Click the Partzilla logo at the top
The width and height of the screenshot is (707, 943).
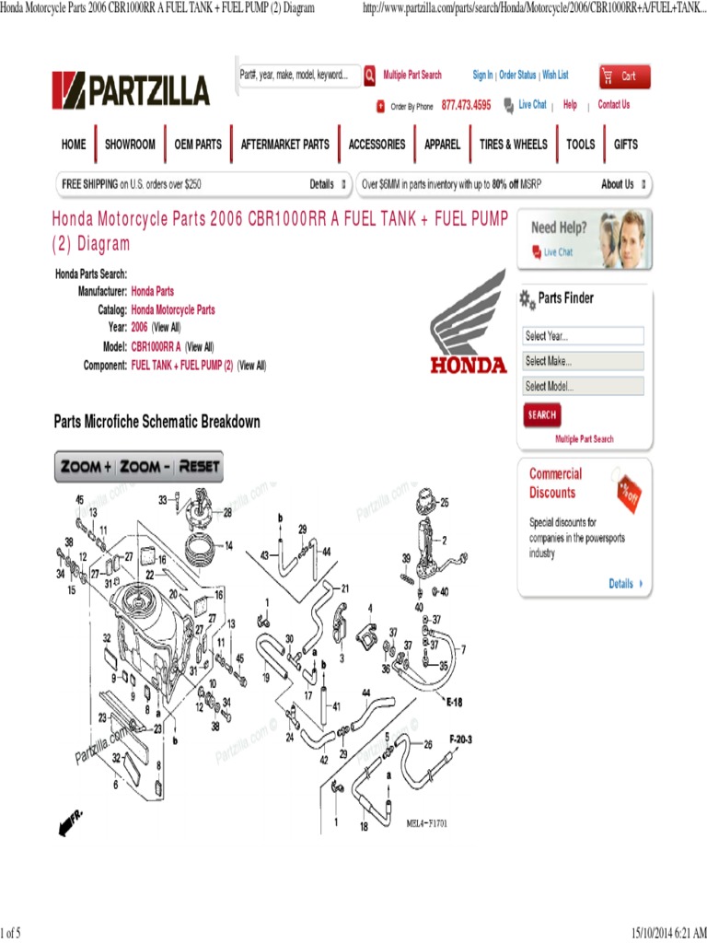(131, 90)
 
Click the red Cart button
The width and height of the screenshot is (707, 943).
(624, 76)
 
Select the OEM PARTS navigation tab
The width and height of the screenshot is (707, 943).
(198, 145)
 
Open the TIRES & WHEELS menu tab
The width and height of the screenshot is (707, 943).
(513, 145)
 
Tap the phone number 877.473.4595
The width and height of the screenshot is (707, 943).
(466, 106)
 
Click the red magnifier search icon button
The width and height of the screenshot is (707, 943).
(369, 76)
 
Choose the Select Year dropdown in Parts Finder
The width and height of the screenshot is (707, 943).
(584, 336)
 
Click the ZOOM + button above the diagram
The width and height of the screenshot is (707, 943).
(87, 467)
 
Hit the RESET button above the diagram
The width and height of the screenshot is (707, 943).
(199, 467)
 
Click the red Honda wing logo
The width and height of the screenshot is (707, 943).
(469, 322)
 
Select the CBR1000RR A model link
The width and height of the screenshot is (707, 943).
(156, 347)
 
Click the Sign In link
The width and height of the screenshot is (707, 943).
(482, 76)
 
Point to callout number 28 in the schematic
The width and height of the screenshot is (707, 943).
(227, 512)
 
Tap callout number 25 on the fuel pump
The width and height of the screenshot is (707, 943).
(445, 503)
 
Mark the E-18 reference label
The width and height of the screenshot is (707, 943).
(454, 702)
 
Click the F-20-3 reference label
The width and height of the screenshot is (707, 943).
(460, 739)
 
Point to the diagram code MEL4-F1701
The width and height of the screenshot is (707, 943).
(427, 824)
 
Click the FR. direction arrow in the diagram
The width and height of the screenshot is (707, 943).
(70, 822)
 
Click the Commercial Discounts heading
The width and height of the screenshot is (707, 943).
(555, 483)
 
